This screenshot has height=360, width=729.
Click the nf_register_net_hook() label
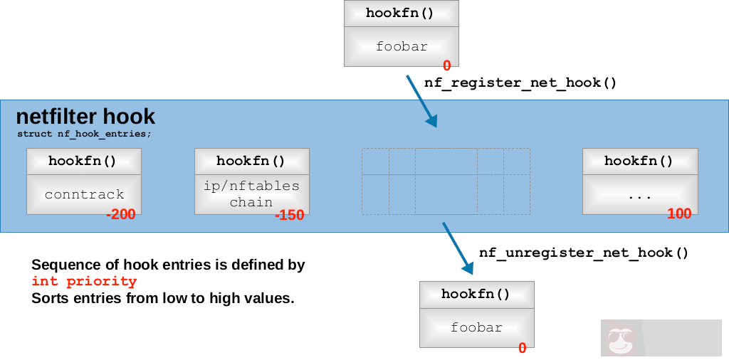coord(520,83)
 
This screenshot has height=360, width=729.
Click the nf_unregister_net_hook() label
coord(584,253)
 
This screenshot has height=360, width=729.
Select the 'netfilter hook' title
coord(85,117)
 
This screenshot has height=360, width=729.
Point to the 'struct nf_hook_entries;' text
coord(84,133)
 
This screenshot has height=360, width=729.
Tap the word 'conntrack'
coord(84,194)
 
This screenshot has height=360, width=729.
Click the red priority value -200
coord(120,215)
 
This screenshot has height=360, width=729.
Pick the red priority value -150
coord(289,215)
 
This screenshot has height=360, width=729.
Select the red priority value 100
coord(679,214)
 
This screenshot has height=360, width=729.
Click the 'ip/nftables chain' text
coord(251,194)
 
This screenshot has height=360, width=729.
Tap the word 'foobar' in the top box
coord(402,47)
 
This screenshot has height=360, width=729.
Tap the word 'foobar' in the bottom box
coord(476,328)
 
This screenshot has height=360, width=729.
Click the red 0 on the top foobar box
coord(446,65)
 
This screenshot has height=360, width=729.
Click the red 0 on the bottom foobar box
coord(522,348)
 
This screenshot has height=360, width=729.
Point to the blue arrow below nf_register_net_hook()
coord(421,100)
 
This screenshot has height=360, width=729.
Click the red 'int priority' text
coord(84,282)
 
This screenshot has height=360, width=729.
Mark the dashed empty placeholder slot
coord(446,181)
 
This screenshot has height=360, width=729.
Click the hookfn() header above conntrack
coord(84,161)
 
